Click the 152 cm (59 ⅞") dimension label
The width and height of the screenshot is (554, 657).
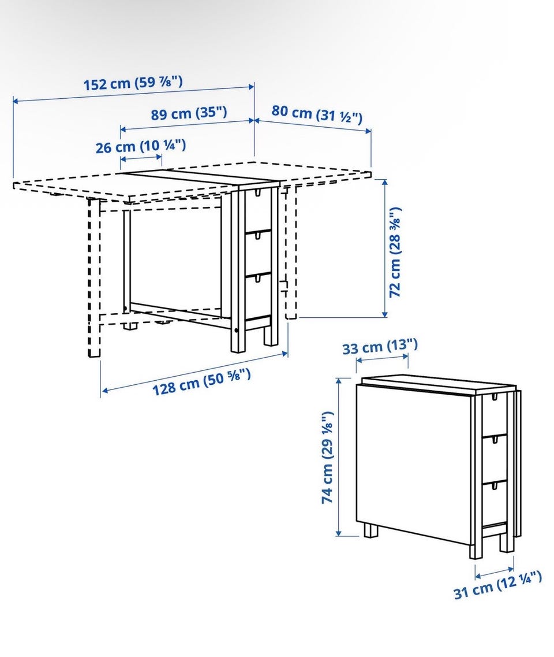[133, 83]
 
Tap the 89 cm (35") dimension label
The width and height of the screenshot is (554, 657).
[189, 113]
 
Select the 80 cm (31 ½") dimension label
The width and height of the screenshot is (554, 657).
[317, 114]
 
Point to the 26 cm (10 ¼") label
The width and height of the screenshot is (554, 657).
[141, 146]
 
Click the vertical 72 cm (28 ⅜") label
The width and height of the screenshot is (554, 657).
[395, 253]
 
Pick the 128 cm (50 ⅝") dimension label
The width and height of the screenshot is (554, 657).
[201, 382]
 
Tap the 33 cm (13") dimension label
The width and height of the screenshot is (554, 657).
[380, 346]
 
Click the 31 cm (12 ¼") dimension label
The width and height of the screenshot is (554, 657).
[498, 585]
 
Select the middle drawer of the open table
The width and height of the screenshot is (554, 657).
[257, 253]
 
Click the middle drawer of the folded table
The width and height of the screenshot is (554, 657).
[495, 458]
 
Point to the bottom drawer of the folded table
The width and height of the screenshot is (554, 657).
[495, 502]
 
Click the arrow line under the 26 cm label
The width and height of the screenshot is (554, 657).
[141, 158]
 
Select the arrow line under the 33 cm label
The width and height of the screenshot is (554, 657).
[382, 358]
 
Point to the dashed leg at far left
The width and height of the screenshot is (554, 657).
[94, 278]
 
